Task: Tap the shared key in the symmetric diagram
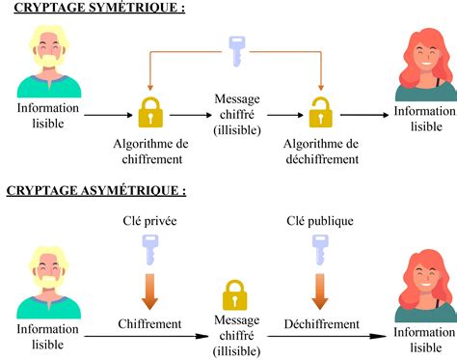[x=235, y=51]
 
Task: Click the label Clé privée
[x=149, y=221]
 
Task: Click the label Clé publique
[x=319, y=221]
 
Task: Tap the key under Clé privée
[x=150, y=250]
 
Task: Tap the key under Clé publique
[x=319, y=250]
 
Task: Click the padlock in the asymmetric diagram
[x=235, y=295]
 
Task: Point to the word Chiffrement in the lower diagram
[x=150, y=323]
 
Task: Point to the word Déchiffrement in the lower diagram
[x=320, y=323]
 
